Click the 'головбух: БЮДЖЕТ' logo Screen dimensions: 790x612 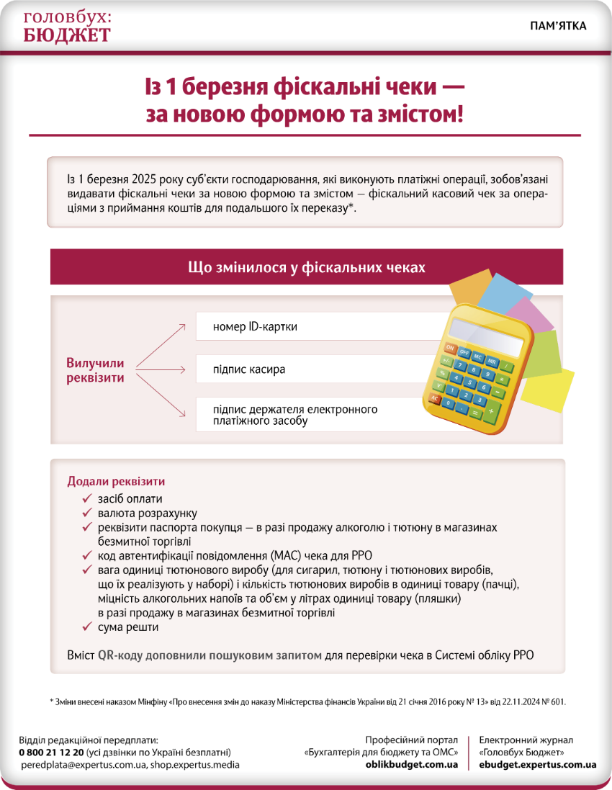(67, 27)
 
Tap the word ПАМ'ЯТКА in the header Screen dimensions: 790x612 (558, 26)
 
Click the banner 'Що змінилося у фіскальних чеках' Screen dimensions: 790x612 (306, 267)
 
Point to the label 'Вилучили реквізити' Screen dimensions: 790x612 (96, 370)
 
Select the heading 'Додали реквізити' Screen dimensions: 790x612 (116, 481)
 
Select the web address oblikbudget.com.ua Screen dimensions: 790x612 (412, 764)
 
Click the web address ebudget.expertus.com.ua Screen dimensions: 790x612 (537, 764)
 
